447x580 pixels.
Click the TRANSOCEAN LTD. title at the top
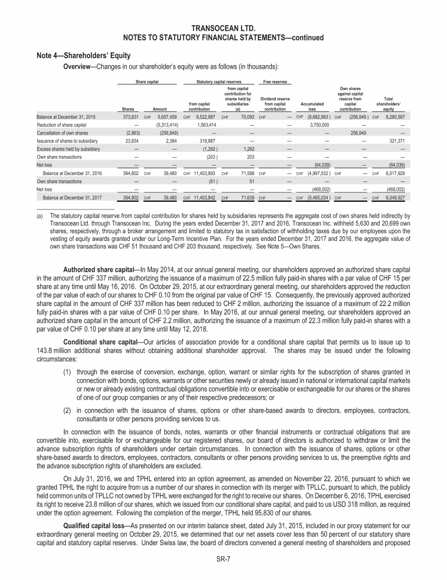click(223, 28)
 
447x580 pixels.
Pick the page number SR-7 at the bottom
click(223, 563)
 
